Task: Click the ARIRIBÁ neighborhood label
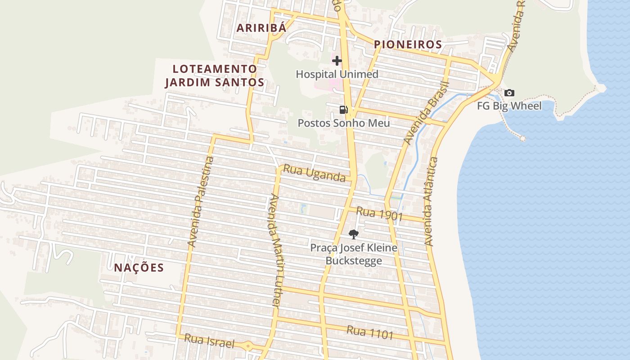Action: [261, 28]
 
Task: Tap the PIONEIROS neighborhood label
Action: [408, 45]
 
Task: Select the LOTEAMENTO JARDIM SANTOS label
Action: [215, 76]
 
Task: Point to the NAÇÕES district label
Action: [139, 268]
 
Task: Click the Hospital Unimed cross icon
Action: [337, 61]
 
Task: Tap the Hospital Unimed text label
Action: [337, 74]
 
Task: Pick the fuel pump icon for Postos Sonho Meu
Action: [343, 110]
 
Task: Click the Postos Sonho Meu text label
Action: [343, 123]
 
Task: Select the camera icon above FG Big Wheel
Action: [509, 93]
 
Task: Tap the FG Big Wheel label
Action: [509, 106]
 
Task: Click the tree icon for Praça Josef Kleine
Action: [354, 234]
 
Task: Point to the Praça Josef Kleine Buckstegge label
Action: [354, 254]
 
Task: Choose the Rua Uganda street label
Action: [314, 173]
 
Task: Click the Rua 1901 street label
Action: [379, 213]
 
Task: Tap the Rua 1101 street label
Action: [370, 333]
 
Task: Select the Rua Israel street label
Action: [209, 341]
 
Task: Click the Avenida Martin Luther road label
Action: [274, 251]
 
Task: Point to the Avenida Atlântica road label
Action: [431, 201]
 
